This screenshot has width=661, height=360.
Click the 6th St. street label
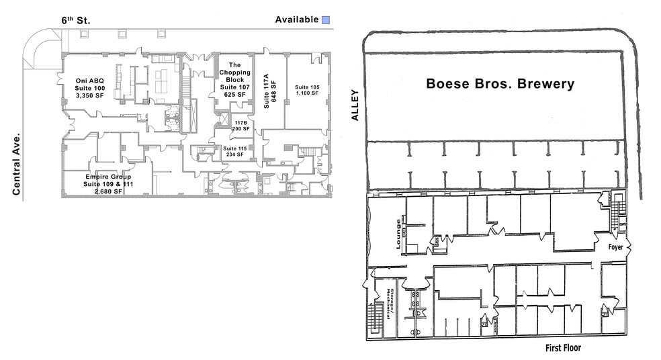[76, 20]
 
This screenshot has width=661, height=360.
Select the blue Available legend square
[326, 20]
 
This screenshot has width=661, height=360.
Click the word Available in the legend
[296, 19]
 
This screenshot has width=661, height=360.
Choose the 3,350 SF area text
[91, 97]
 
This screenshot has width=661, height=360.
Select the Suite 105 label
[307, 87]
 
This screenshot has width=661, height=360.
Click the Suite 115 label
[235, 148]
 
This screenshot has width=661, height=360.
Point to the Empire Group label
[107, 177]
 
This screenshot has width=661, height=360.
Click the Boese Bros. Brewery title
[500, 84]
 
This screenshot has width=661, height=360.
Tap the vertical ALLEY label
[355, 105]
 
